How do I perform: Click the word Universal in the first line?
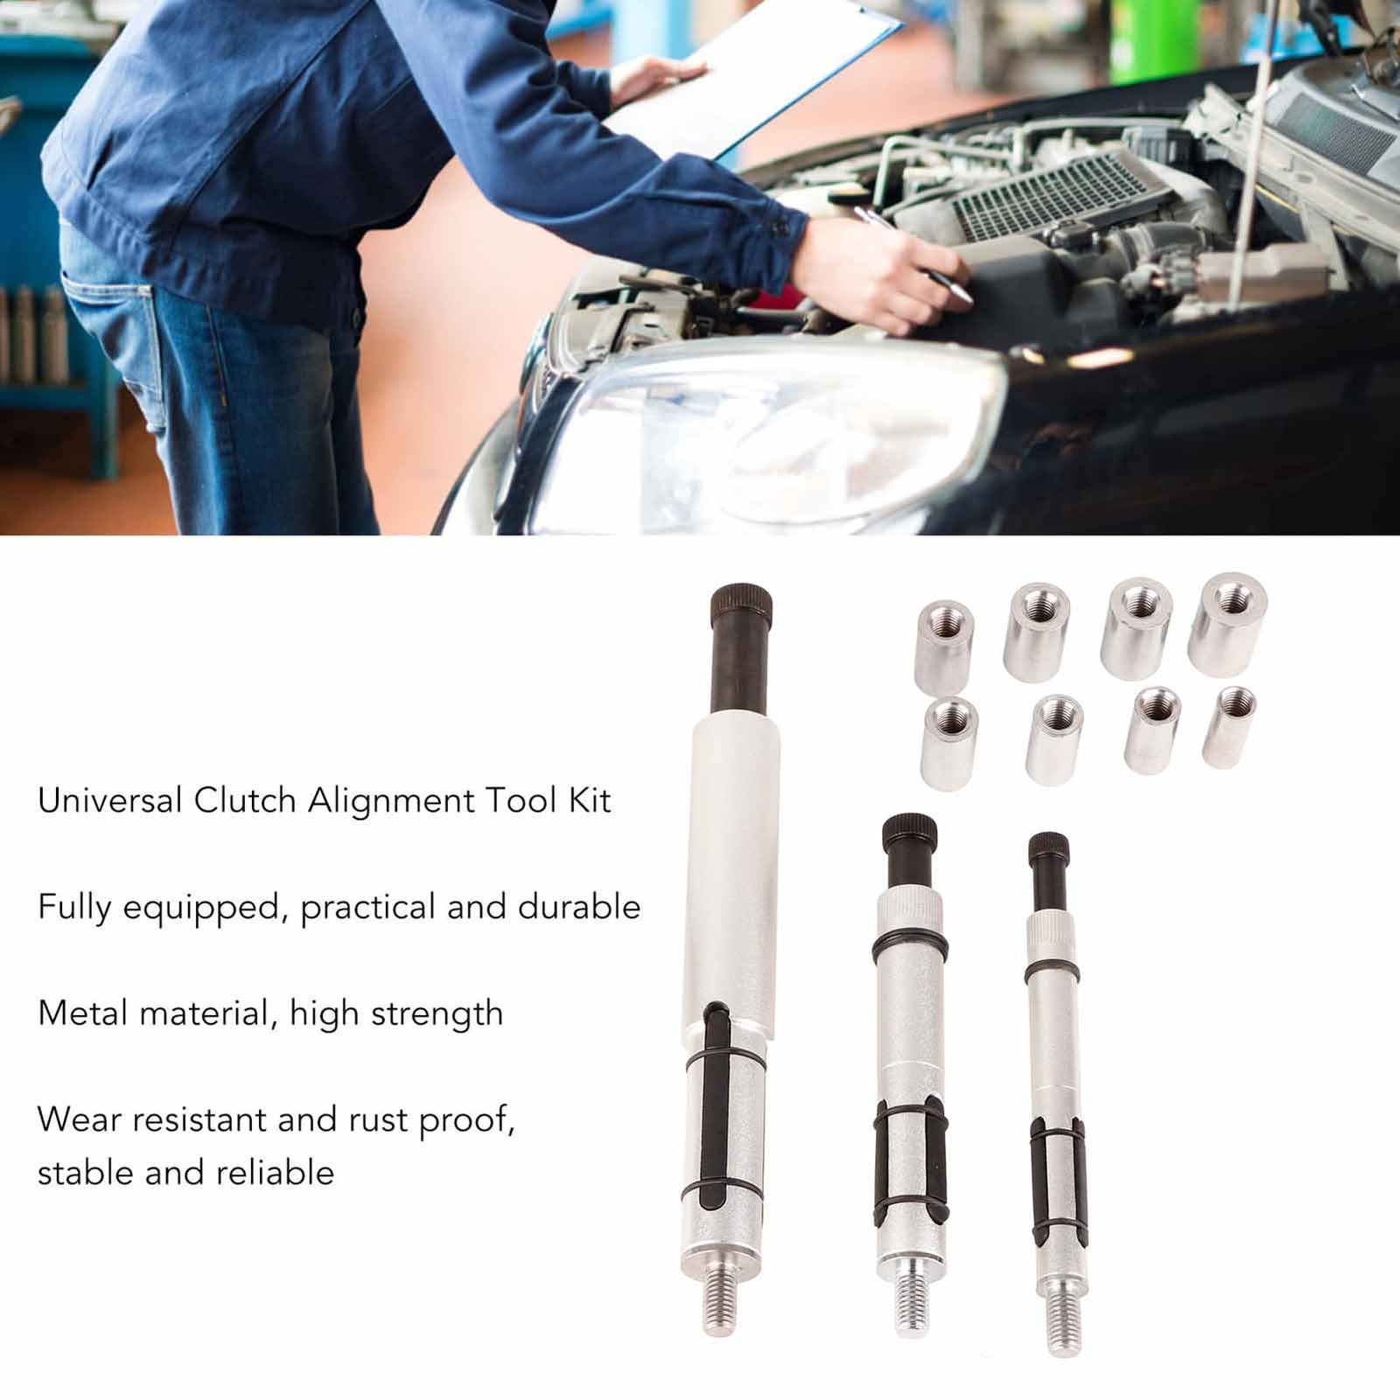point(110,801)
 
